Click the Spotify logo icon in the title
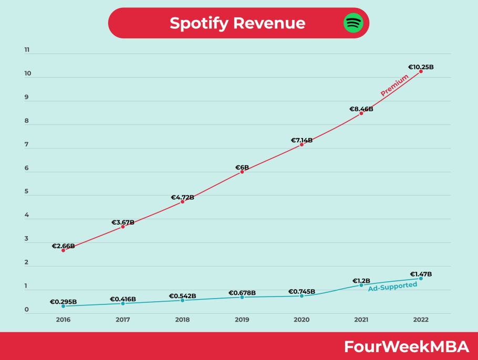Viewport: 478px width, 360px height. pos(354,23)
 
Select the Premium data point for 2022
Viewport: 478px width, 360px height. pos(421,71)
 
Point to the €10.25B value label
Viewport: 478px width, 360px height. pos(421,67)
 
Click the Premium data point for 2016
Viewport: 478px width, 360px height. pos(63,250)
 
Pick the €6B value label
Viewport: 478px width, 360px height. pos(242,168)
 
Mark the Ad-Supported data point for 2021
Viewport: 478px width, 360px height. pos(361,285)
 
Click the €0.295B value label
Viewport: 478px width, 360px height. pos(63,302)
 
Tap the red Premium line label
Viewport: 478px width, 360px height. pos(394,85)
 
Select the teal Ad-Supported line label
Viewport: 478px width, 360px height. pos(392,287)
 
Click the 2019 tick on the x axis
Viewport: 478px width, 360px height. pos(242,320)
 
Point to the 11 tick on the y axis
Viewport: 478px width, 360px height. pos(27,50)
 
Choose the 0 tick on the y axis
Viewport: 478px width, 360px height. pos(27,310)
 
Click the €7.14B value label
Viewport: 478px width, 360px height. pos(302,140)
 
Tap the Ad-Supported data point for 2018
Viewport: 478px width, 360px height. pos(182,300)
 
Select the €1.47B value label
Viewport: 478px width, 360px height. pos(421,274)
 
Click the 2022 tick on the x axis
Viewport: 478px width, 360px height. pos(421,320)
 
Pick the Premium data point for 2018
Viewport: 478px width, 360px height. pos(182,202)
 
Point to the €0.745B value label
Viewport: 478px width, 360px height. pos(302,292)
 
